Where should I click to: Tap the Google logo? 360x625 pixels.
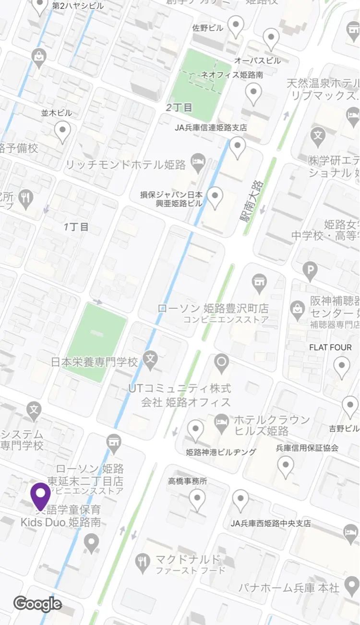tap(37, 604)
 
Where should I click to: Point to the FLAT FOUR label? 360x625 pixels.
tap(330, 347)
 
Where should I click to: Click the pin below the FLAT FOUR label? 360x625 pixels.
tap(342, 367)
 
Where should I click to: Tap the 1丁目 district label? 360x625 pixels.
tap(77, 227)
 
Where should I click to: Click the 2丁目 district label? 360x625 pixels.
tap(179, 107)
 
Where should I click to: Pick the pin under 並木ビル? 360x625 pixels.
tap(62, 131)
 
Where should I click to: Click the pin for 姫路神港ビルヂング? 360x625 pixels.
tap(195, 430)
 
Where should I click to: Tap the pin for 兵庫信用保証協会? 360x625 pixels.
tap(286, 466)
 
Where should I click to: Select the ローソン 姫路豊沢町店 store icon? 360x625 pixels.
tap(260, 284)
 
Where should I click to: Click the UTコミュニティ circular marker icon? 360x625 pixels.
tap(222, 363)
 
